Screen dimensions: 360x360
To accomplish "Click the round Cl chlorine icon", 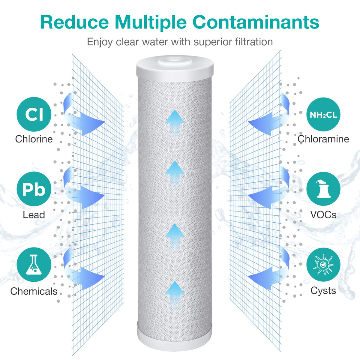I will click(34, 114).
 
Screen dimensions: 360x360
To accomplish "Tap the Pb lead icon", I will click(34, 189).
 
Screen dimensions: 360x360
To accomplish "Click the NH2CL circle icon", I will click(323, 114).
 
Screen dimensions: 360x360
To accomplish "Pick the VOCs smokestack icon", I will click(323, 189).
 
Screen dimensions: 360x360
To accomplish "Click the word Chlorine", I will click(34, 139).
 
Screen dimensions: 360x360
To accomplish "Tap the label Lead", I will click(34, 215).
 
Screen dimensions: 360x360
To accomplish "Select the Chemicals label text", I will click(34, 291).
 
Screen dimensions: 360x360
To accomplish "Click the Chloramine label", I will click(323, 139).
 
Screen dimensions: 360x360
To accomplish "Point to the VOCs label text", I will click(323, 215).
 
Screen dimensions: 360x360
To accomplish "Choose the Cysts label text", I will click(323, 290).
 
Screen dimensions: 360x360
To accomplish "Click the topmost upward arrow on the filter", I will click(174, 123).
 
